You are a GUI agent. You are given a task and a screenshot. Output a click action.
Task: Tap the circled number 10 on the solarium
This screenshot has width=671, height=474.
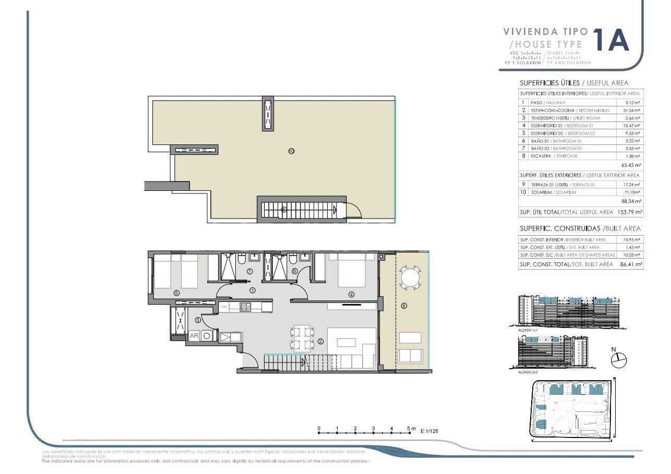pyautogui.click(x=291, y=151)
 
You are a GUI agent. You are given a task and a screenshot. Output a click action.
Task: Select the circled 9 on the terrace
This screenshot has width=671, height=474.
pyautogui.click(x=403, y=306)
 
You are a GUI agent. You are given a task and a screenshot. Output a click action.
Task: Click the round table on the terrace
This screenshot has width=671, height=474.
pyautogui.click(x=411, y=277)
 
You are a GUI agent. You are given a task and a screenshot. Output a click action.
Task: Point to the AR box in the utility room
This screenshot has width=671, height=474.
pyautogui.click(x=194, y=336)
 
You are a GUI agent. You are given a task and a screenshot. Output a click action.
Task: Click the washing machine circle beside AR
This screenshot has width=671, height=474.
pyautogui.click(x=207, y=336)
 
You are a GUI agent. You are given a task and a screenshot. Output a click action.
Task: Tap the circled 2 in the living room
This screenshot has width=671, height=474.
pyautogui.click(x=320, y=342)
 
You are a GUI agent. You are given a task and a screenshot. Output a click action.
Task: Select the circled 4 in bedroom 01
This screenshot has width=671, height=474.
pyautogui.click(x=351, y=294)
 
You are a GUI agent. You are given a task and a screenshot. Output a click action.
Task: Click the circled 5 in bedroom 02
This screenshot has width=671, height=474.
pyautogui.click(x=176, y=293)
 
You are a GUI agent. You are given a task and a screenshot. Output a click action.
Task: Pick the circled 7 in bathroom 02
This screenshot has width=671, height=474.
pyautogui.click(x=249, y=271)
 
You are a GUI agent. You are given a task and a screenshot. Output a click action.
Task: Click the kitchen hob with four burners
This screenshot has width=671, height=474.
pyautogui.click(x=244, y=307)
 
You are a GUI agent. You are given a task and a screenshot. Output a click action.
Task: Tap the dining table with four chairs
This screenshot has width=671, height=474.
pyautogui.click(x=302, y=338)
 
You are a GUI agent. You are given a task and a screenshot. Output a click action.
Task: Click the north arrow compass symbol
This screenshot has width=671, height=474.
pyautogui.click(x=618, y=359)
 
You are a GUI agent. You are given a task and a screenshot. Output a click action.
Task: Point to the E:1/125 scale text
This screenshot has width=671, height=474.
pyautogui.click(x=429, y=431)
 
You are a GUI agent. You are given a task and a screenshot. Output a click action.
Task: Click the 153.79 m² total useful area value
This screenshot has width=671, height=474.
pyautogui.click(x=630, y=212)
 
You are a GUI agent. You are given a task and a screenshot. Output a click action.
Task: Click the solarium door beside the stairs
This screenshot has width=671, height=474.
pyautogui.click(x=353, y=211)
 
